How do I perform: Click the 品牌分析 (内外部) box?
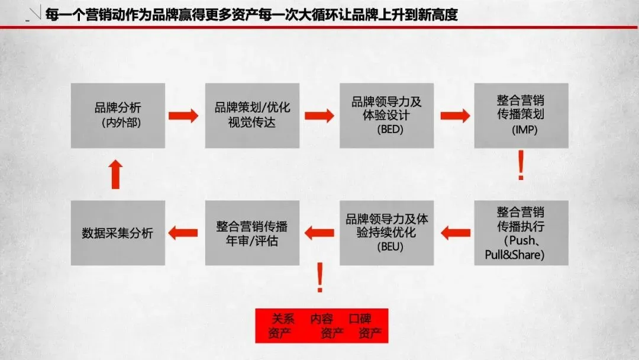[x=118, y=115]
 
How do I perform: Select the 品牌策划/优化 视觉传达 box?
[x=252, y=115]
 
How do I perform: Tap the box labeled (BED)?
[x=386, y=115]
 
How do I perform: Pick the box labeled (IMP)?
[x=521, y=115]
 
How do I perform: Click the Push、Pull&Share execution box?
[x=521, y=233]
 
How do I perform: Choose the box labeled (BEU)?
[x=386, y=233]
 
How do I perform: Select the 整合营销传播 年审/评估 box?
[x=252, y=233]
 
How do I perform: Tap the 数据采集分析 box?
[x=118, y=233]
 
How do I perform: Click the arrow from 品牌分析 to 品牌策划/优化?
[x=183, y=115]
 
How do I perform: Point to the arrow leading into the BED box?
[x=319, y=115]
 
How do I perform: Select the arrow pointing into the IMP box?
[x=454, y=115]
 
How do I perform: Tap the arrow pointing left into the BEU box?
[x=456, y=233]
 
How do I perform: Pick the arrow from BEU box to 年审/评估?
[x=319, y=233]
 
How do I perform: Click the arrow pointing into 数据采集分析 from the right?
[x=183, y=233]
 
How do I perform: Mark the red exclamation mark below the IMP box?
[x=521, y=166]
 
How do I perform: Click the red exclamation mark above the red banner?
[x=320, y=278]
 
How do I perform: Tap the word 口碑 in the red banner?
[x=360, y=319]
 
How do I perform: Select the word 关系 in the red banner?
[x=283, y=319]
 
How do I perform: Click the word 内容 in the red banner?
[x=322, y=319]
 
